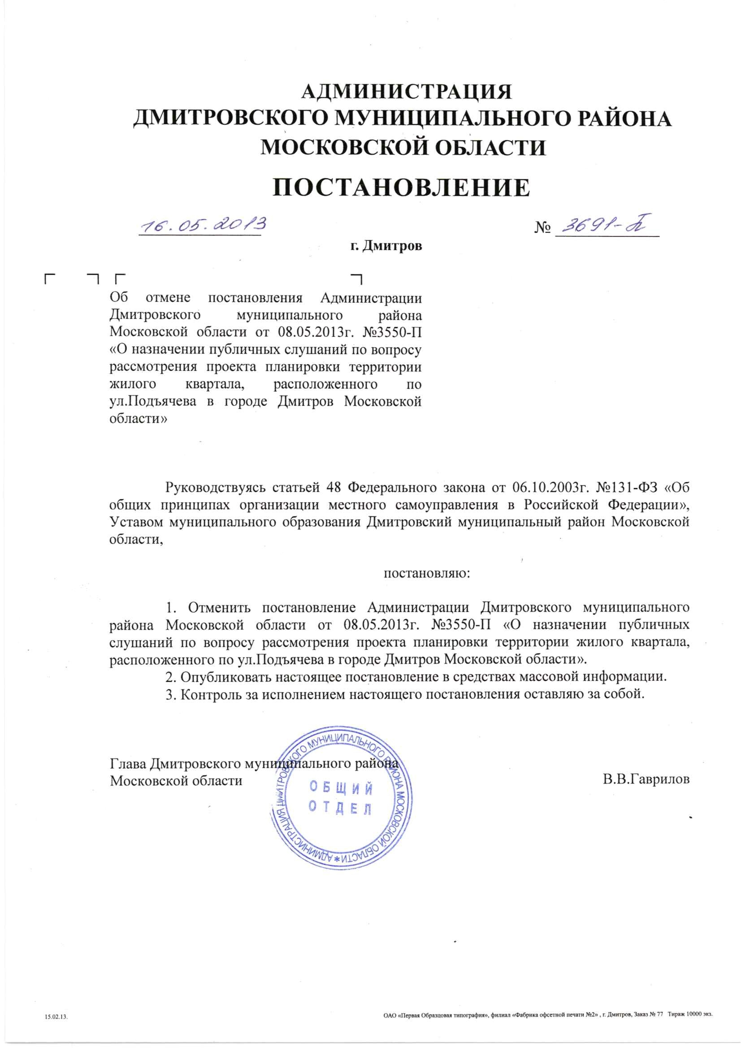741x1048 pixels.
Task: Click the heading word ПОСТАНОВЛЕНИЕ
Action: tap(401, 188)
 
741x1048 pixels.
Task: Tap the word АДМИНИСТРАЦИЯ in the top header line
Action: tap(407, 92)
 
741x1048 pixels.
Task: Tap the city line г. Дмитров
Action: tap(386, 247)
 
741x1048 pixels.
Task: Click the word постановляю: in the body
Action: tap(427, 573)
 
